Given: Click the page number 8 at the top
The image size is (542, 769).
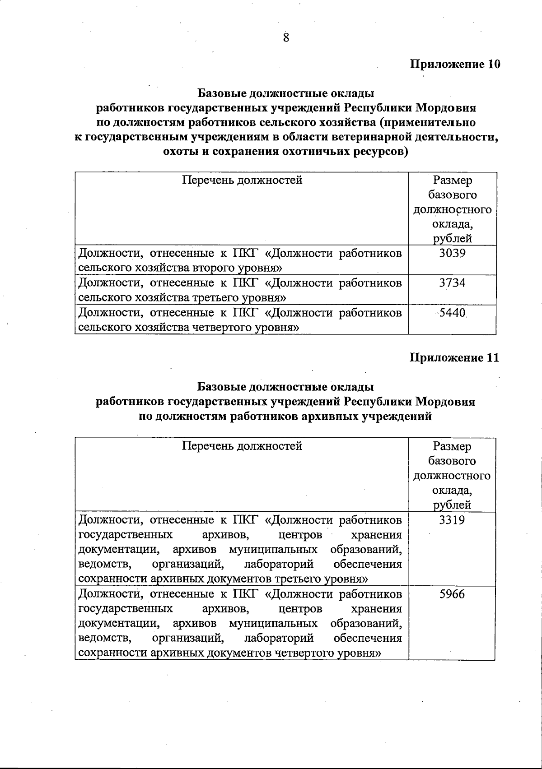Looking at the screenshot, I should tap(286, 38).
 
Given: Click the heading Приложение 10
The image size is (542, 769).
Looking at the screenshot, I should tap(455, 65).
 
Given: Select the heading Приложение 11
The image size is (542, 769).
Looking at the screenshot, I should tap(454, 358).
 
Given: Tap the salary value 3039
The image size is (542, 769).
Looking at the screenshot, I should tap(452, 253).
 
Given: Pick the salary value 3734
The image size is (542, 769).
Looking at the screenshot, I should tap(452, 283).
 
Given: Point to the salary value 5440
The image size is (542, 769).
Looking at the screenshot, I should tap(452, 312).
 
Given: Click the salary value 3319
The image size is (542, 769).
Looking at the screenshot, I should tap(452, 520).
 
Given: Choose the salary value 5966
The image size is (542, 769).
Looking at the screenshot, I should tap(452, 594).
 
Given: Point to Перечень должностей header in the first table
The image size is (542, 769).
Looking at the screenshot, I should tap(242, 181).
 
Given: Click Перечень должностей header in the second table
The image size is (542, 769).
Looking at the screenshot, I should tap(242, 446).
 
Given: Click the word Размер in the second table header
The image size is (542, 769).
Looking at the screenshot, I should tap(452, 446).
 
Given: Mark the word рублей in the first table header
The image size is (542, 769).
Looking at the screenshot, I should tap(452, 239).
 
